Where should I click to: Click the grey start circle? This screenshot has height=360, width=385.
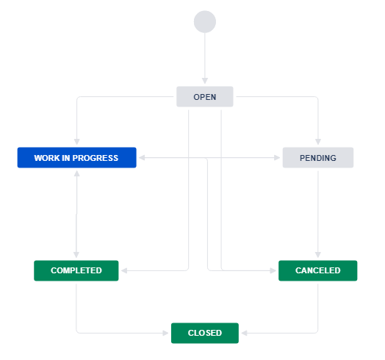205,21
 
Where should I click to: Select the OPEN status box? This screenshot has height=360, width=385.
205,96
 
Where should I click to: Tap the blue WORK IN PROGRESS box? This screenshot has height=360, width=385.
77,158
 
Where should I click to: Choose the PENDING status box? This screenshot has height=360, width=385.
318,158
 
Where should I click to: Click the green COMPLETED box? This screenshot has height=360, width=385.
76,270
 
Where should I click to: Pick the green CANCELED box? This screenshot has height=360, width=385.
317,270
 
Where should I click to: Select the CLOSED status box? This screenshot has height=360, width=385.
205,333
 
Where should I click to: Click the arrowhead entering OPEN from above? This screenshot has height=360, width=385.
205,81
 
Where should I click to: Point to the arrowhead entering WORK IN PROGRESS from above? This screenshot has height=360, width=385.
77,142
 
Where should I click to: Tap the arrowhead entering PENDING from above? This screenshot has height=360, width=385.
318,142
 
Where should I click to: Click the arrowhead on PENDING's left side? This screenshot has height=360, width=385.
277,158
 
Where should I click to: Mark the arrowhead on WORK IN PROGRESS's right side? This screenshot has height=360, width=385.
142,158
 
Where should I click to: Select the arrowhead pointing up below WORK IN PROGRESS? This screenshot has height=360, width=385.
77,173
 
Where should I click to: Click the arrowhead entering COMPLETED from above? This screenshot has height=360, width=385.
76,255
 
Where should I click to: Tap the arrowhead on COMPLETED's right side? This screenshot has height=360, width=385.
124,270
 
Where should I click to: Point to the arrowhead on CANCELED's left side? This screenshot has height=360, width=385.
273,270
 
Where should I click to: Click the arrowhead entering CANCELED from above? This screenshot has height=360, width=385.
318,255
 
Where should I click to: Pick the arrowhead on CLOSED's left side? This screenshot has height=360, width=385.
165,333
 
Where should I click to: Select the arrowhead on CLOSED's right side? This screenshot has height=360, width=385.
245,333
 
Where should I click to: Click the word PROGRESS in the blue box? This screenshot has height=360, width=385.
96,158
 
